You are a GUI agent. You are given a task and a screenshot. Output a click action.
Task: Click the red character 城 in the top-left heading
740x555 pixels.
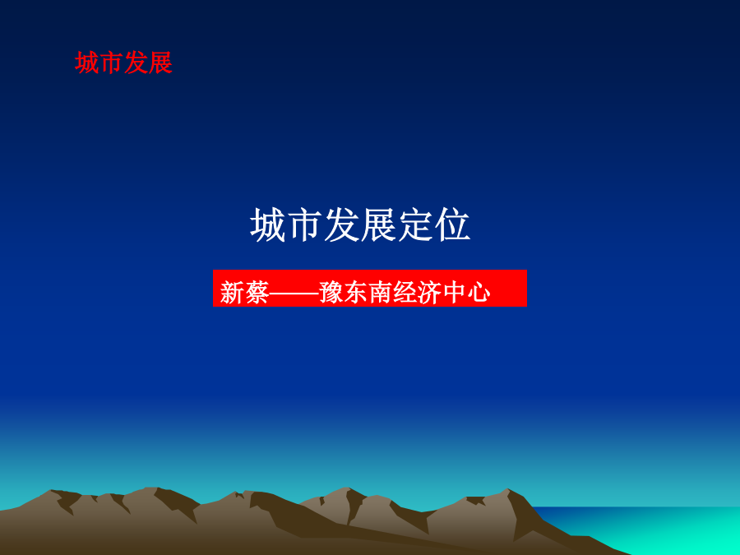click(87, 62)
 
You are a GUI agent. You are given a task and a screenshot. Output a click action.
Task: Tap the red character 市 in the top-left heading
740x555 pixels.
click(111, 62)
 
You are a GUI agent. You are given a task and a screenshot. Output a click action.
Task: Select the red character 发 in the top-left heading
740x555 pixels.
click(136, 62)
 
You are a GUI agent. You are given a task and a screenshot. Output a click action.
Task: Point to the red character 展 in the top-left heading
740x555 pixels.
click(160, 62)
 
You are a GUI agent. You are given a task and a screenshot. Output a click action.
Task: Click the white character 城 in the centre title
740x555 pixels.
click(268, 225)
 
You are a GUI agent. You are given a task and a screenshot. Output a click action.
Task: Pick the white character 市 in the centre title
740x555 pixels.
click(305, 225)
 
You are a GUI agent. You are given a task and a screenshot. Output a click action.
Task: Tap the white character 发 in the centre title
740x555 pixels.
click(342, 225)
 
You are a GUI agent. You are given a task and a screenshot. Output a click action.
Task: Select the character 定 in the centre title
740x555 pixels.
click(416, 225)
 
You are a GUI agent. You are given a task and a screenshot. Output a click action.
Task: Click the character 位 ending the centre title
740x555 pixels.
click(452, 225)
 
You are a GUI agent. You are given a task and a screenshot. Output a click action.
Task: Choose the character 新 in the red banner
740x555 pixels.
click(232, 293)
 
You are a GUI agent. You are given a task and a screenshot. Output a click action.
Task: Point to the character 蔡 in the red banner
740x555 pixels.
click(257, 293)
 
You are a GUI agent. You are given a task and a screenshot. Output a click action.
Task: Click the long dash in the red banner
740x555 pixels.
click(294, 293)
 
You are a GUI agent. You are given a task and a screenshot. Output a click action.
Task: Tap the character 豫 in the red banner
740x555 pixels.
click(331, 293)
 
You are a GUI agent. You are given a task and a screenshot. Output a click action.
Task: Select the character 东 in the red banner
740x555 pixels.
click(356, 293)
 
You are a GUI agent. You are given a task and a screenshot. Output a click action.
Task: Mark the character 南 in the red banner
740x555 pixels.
click(381, 293)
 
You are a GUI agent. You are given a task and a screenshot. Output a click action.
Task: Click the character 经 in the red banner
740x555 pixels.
click(405, 293)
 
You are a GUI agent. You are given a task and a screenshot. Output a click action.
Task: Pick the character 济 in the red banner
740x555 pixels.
click(429, 293)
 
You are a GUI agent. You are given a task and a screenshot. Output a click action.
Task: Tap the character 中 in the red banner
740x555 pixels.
click(454, 293)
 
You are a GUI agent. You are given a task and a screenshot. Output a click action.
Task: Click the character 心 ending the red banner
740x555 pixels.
click(479, 293)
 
